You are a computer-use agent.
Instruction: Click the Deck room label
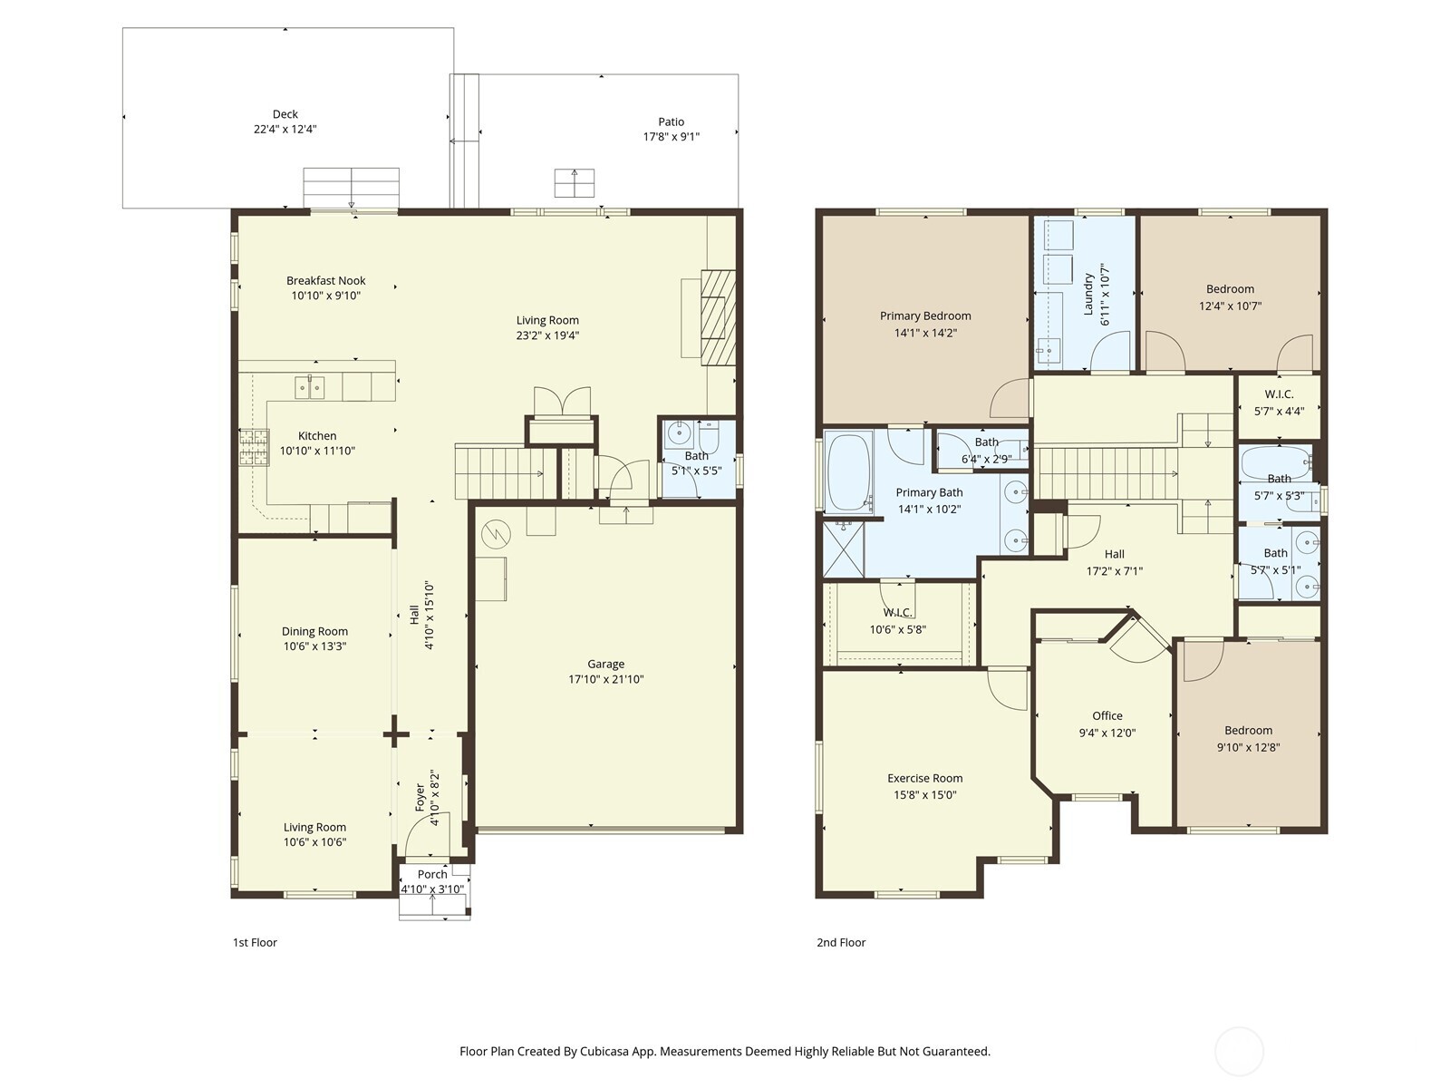coord(285,114)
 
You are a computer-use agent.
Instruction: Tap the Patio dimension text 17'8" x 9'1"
coord(671,137)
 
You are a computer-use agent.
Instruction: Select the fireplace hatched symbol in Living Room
coord(719,316)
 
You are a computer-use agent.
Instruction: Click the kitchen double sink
coord(310,387)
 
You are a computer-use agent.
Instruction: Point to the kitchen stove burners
coord(254,447)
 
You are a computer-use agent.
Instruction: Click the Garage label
coord(605,665)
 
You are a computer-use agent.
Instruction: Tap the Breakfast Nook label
coord(326,281)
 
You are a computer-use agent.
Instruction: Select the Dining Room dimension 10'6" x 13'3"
coord(314,646)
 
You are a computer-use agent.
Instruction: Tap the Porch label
coord(432,875)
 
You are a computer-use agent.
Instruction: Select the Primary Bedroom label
coord(925,316)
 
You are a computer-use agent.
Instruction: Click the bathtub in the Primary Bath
coord(848,472)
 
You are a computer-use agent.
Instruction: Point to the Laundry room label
coord(1089,294)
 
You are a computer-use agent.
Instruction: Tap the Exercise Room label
coord(924,778)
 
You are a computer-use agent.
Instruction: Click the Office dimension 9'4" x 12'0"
coord(1107,733)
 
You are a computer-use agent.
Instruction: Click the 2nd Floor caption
coord(841,943)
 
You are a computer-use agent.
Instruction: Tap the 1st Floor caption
coord(255,943)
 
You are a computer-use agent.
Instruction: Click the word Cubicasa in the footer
coord(609,1052)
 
